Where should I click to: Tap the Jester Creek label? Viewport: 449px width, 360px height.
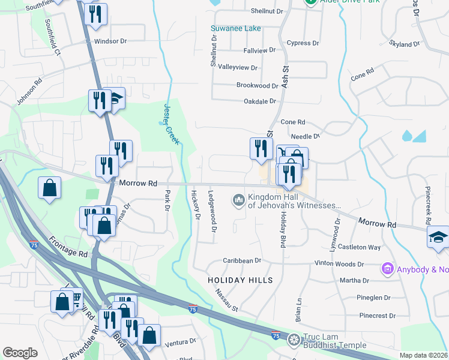(170, 123)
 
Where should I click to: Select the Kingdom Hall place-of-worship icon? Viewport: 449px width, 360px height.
(239, 199)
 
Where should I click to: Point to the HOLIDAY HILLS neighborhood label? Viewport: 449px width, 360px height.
(240, 280)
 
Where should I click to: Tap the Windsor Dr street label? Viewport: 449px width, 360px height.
(110, 41)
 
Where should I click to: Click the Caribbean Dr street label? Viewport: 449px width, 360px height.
(242, 260)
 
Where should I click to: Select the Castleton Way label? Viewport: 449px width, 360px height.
(359, 247)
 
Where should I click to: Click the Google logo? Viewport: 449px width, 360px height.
(20, 353)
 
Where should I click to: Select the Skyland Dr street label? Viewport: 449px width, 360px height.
(404, 44)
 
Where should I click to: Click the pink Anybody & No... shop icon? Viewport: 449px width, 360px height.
(387, 269)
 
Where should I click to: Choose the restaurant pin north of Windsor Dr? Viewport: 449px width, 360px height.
(95, 14)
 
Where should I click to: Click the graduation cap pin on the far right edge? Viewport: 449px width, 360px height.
(438, 236)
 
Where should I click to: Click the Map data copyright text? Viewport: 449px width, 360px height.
(424, 355)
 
